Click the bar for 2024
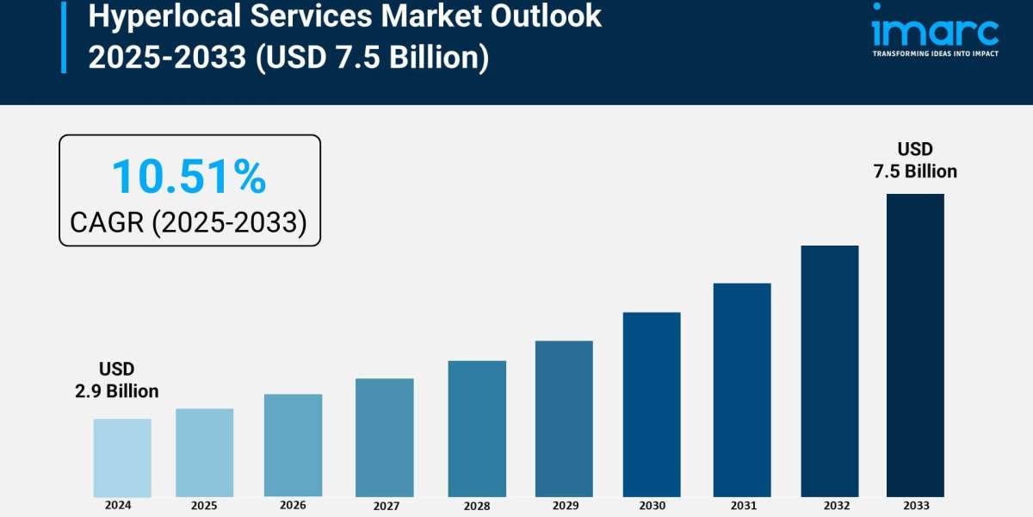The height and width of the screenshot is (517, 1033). pyautogui.click(x=122, y=458)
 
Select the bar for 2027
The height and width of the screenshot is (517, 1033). pyautogui.click(x=384, y=437)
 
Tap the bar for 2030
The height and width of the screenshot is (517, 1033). pyautogui.click(x=652, y=404)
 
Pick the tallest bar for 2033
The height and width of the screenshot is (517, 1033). pyautogui.click(x=915, y=345)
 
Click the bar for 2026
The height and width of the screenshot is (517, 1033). pyautogui.click(x=293, y=445)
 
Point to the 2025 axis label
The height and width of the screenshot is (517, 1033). pyautogui.click(x=204, y=505)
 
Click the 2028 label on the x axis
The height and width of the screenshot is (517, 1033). pyautogui.click(x=477, y=506)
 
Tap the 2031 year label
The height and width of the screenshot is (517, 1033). pyautogui.click(x=741, y=506)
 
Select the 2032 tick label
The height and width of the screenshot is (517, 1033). pyautogui.click(x=829, y=506)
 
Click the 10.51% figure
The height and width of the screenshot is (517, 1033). pyautogui.click(x=189, y=177)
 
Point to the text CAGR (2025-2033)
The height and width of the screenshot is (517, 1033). pyautogui.click(x=189, y=222)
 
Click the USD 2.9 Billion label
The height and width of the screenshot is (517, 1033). pyautogui.click(x=116, y=380)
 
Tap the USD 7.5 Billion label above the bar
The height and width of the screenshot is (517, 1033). pyautogui.click(x=915, y=160)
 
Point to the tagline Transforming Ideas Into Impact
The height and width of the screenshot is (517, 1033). pyautogui.click(x=935, y=53)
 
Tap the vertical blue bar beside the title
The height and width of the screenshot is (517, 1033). pyautogui.click(x=63, y=36)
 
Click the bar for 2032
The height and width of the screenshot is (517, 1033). pyautogui.click(x=830, y=371)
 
